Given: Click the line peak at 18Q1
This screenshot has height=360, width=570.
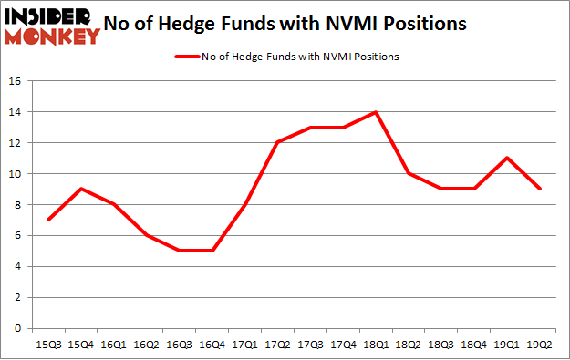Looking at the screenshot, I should (376, 112).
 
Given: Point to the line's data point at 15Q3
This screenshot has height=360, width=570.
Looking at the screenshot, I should (47, 220).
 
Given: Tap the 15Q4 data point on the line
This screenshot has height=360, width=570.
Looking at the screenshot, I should (80, 189).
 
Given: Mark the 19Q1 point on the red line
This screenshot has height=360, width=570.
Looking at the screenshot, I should (507, 158).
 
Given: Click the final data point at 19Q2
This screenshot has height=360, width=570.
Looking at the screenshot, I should (540, 189).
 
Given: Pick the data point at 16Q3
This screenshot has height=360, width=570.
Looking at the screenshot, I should (179, 251).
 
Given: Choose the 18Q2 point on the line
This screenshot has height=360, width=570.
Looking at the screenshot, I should (409, 173).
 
